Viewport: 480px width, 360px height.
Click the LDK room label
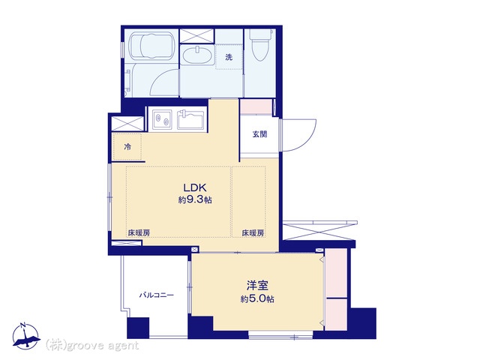click(x=195, y=187)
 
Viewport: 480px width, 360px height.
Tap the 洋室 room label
click(x=257, y=285)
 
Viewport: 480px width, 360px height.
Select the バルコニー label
click(x=157, y=295)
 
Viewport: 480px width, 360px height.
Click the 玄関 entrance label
click(x=259, y=134)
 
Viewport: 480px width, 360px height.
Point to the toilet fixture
click(x=260, y=45)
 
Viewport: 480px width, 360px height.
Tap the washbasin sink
click(x=197, y=55)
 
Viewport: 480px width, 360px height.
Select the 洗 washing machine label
click(x=229, y=57)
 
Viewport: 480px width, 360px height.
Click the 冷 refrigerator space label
click(x=127, y=147)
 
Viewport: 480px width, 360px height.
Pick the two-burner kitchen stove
click(x=162, y=119)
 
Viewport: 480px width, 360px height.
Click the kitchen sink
click(x=190, y=119)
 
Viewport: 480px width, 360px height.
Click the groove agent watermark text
click(x=92, y=345)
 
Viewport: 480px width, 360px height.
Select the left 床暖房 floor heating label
click(x=139, y=233)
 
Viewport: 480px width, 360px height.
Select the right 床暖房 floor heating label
click(x=253, y=233)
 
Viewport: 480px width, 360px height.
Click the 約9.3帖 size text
click(x=195, y=200)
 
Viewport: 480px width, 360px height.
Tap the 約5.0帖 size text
click(x=257, y=298)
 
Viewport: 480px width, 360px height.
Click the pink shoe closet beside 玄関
click(x=256, y=106)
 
